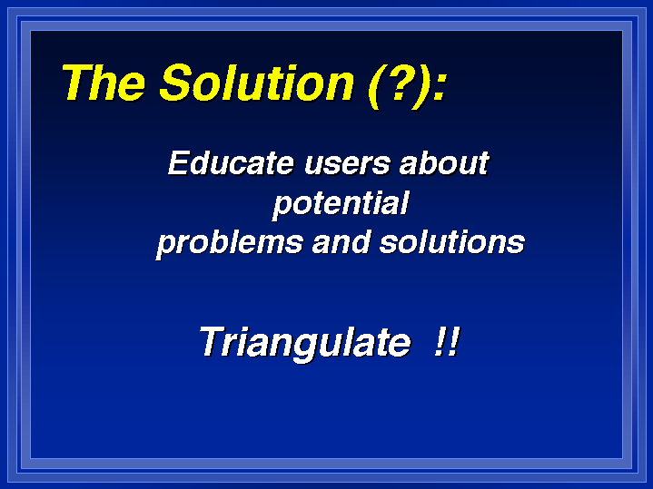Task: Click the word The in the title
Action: pyautogui.click(x=104, y=83)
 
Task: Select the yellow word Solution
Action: pyautogui.click(x=256, y=83)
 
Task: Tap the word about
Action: pyautogui.click(x=444, y=163)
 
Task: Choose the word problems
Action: pyautogui.click(x=230, y=243)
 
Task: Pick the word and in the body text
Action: pyautogui.click(x=341, y=242)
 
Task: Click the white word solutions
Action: pyautogui.click(x=452, y=242)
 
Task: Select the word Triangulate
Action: pyautogui.click(x=305, y=343)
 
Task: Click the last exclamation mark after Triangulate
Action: pyautogui.click(x=454, y=341)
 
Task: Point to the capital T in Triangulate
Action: pyautogui.click(x=214, y=341)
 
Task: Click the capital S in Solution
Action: pyautogui.click(x=178, y=83)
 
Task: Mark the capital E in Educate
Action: pyautogui.click(x=179, y=163)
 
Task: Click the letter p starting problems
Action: pyautogui.click(x=165, y=247)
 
